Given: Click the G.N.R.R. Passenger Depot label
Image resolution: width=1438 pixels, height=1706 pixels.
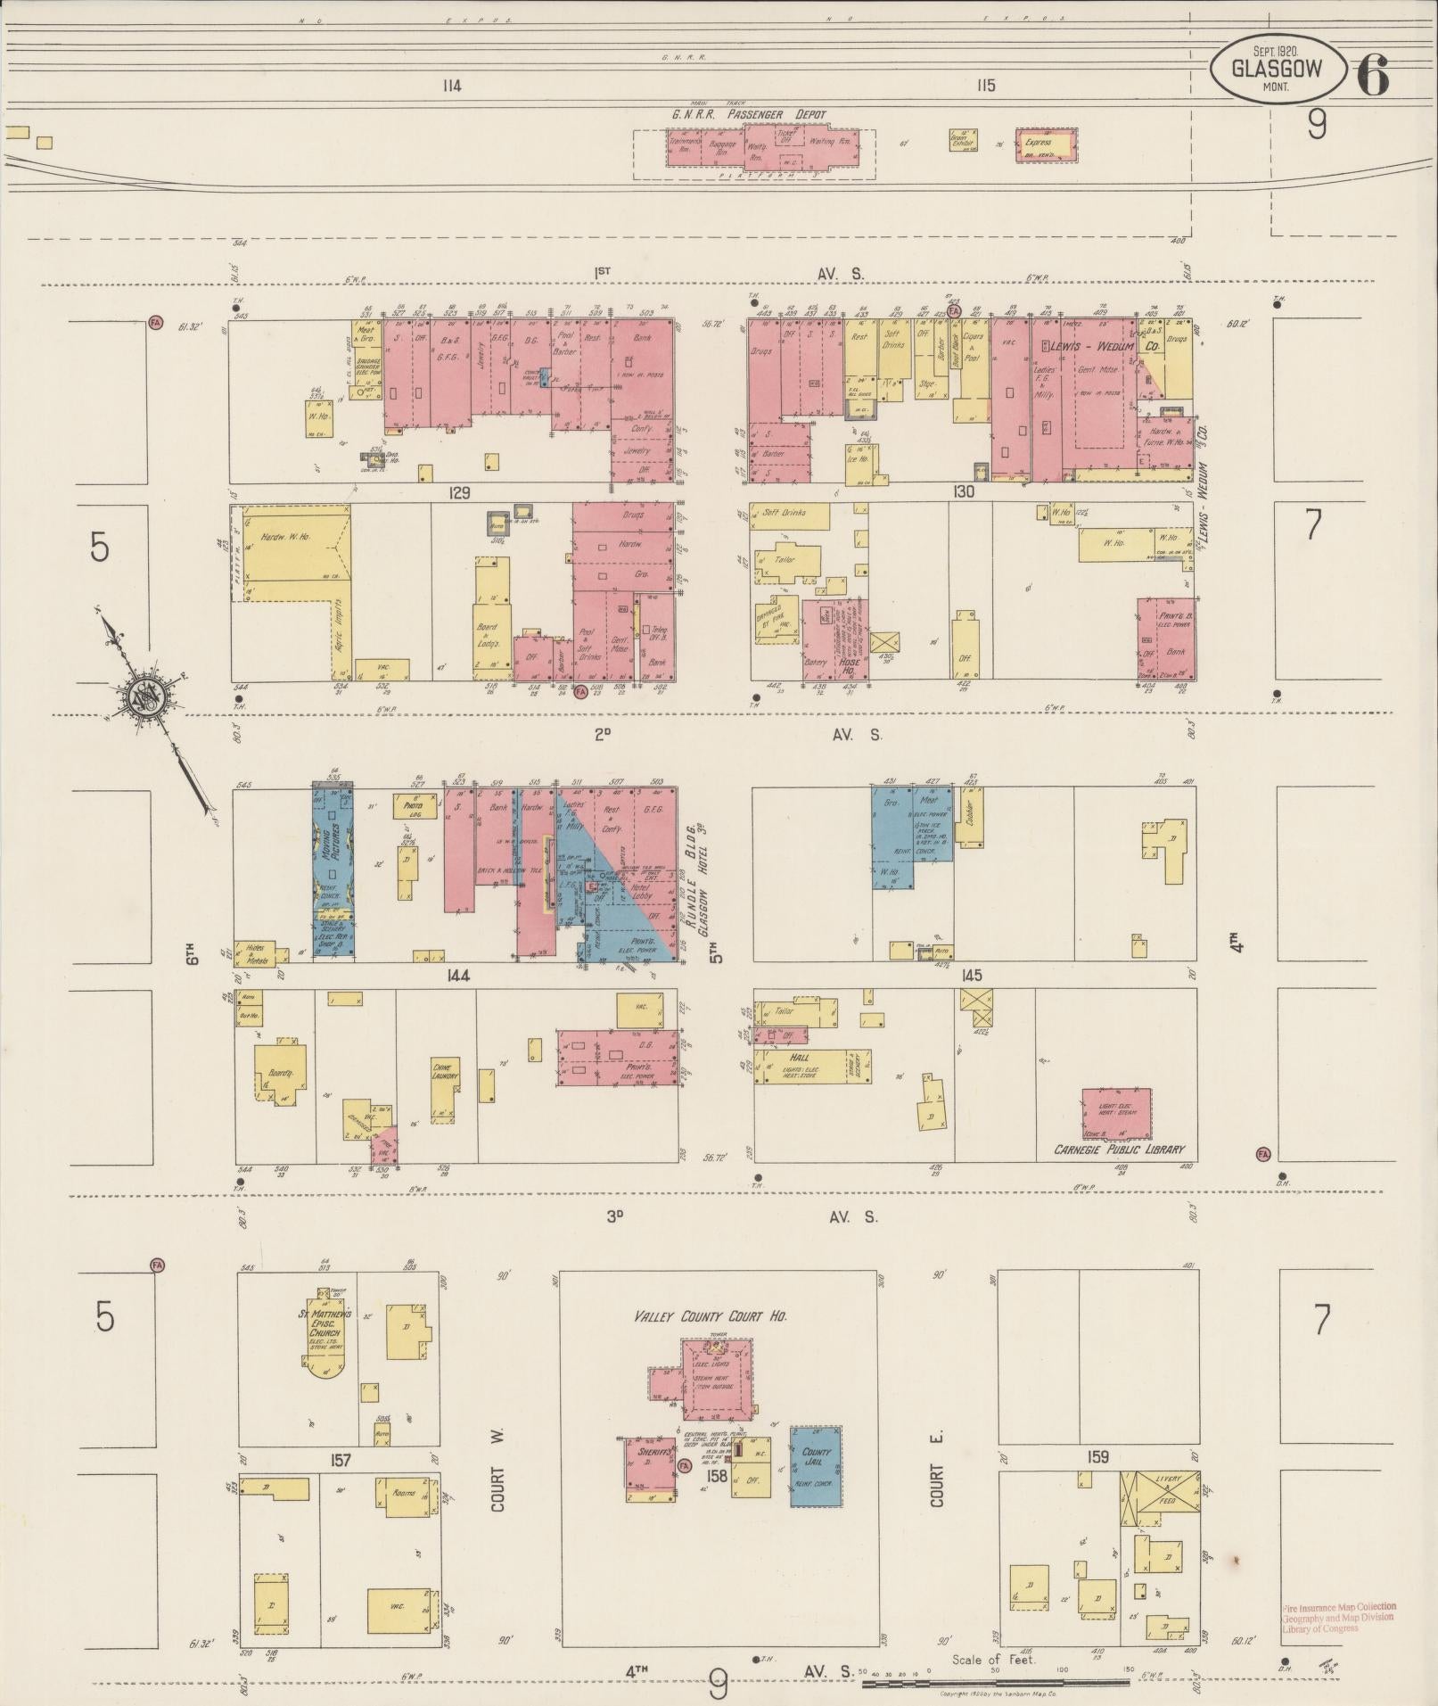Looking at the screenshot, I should click(749, 115).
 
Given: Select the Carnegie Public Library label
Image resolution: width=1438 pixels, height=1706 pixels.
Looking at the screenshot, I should click(1120, 1150).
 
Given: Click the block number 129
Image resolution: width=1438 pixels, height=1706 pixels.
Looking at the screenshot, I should click(459, 492).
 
